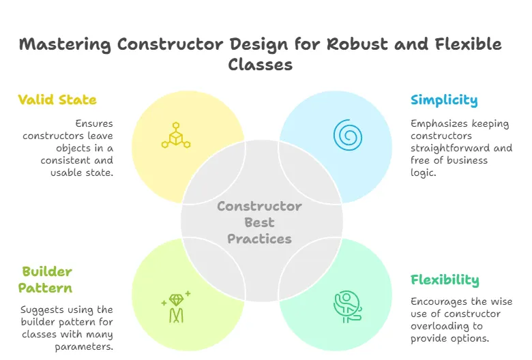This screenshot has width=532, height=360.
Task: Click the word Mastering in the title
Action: (65, 45)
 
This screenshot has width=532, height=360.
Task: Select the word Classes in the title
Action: (261, 65)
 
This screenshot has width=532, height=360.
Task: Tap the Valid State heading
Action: (57, 100)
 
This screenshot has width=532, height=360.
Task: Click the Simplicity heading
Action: (444, 100)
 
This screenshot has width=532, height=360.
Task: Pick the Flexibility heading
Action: (445, 280)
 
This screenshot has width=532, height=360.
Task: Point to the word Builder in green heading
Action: (47, 271)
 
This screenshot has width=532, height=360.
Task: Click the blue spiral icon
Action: (348, 135)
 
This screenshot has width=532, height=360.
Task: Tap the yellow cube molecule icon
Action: (176, 135)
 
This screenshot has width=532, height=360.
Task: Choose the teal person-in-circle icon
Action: (347, 306)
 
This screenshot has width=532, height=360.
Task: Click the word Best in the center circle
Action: (260, 222)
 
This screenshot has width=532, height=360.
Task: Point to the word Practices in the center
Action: (260, 239)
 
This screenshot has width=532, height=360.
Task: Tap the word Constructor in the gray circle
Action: (260, 207)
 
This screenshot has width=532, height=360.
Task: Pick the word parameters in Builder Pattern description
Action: (84, 347)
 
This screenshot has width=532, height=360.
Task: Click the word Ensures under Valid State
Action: (94, 123)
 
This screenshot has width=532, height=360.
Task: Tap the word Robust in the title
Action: (357, 44)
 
